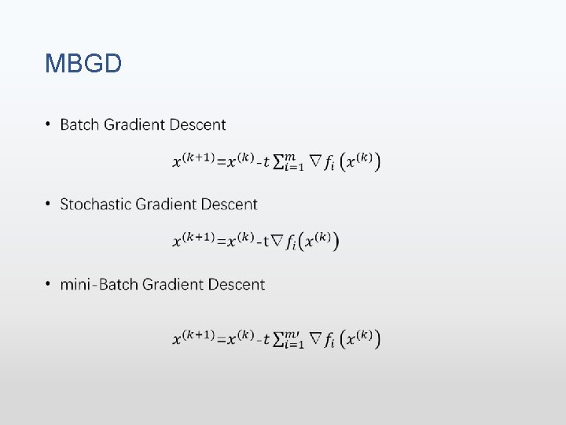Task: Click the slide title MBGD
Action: click(x=83, y=63)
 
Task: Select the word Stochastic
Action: click(x=95, y=205)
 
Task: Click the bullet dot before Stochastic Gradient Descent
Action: click(x=48, y=205)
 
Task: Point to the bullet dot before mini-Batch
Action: click(x=48, y=284)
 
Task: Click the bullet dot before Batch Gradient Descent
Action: click(x=48, y=124)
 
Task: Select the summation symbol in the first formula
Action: click(x=280, y=161)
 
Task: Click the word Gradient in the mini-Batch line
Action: click(x=174, y=284)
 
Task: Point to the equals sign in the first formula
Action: click(x=221, y=162)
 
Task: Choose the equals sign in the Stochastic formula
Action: click(x=221, y=241)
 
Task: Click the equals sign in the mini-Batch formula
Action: click(x=221, y=339)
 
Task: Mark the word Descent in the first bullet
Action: click(x=197, y=124)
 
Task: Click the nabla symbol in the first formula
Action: click(x=315, y=161)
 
